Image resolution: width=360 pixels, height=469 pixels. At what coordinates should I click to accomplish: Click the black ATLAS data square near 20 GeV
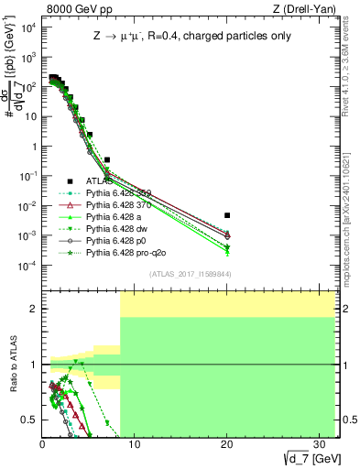pos(227,215)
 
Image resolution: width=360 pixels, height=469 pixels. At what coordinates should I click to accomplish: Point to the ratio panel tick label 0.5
pos(29,420)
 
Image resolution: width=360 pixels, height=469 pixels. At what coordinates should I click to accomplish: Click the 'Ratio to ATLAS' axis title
pos(12,364)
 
